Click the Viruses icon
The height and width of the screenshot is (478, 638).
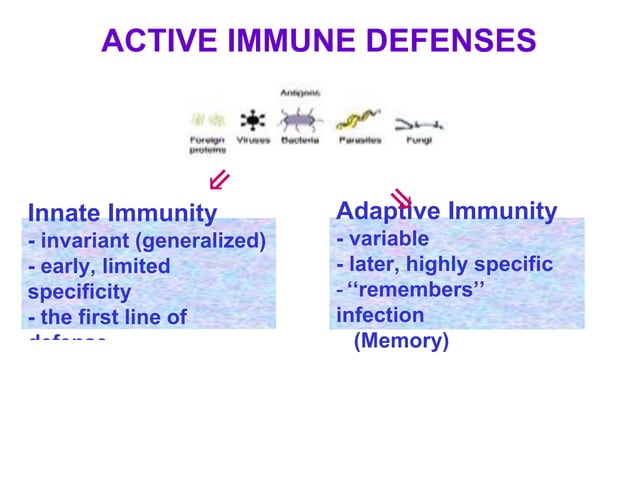tap(254, 121)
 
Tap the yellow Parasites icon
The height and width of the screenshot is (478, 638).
tap(357, 121)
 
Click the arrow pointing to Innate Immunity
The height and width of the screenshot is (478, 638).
tap(219, 180)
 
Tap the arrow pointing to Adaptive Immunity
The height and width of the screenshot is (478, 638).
tap(401, 197)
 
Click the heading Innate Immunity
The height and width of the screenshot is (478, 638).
tap(122, 213)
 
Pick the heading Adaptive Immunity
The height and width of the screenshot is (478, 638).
tap(446, 211)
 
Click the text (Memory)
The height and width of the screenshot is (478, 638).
tap(401, 341)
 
